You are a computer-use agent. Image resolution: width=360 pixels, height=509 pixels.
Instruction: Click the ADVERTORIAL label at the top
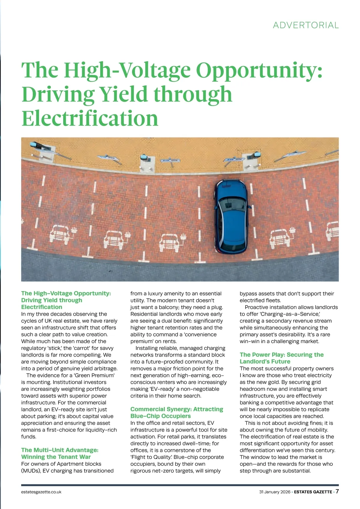tap(306, 25)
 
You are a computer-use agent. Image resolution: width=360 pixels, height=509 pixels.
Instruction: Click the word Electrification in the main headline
tap(90, 118)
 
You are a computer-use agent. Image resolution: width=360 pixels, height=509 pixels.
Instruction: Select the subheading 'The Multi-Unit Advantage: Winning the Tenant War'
tap(60, 453)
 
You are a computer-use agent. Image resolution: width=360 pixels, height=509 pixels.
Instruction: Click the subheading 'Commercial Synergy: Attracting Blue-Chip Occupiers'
tap(177, 412)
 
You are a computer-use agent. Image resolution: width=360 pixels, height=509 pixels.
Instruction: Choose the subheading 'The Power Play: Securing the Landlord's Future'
tap(282, 358)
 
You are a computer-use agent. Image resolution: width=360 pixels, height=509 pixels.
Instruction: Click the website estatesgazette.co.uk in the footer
tap(41, 492)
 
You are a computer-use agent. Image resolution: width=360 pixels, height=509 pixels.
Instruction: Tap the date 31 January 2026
tap(275, 492)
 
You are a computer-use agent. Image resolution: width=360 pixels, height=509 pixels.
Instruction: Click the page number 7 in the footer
tap(337, 491)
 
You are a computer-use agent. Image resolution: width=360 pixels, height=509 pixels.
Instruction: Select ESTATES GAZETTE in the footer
tap(313, 492)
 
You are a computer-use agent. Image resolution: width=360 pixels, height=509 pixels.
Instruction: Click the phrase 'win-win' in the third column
tap(249, 341)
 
